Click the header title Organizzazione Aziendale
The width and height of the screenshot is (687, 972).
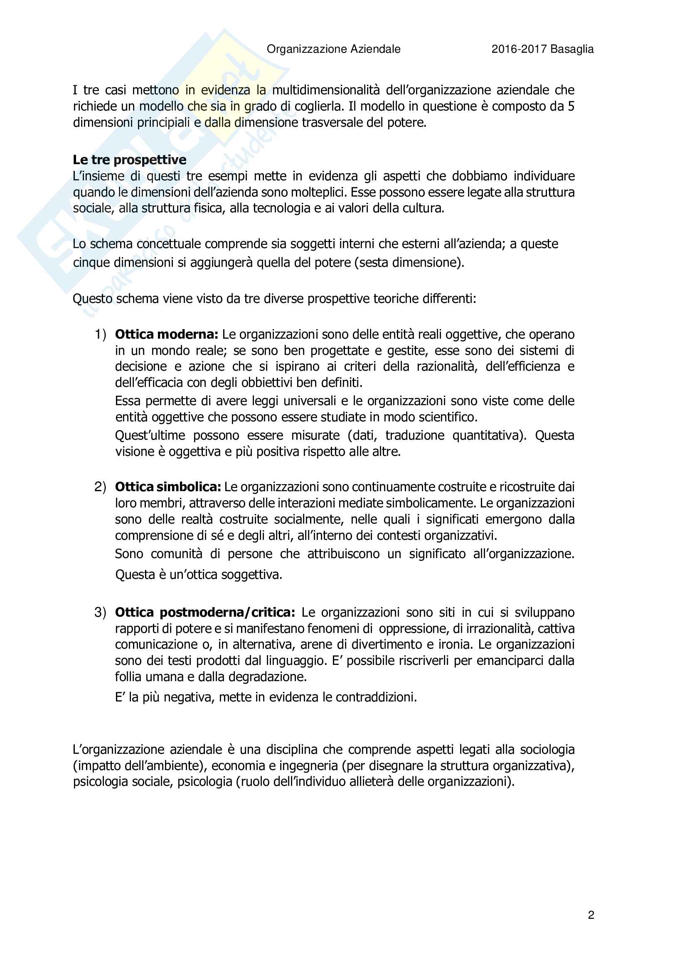pos(333,49)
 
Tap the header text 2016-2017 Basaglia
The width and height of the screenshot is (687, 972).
pos(542,49)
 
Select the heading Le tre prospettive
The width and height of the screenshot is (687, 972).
pos(130,160)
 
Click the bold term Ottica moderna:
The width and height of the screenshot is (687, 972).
pos(166,335)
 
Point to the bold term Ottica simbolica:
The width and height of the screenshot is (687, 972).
pos(168,487)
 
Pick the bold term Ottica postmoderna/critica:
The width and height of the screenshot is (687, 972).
pos(205,612)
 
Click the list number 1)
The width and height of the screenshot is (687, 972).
pos(100,335)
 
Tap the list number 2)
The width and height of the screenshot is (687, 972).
pos(100,487)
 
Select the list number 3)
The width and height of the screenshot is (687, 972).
pos(100,612)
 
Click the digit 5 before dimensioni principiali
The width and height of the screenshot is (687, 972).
pos(571,106)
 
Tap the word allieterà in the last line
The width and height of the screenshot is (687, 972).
pos(373,781)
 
